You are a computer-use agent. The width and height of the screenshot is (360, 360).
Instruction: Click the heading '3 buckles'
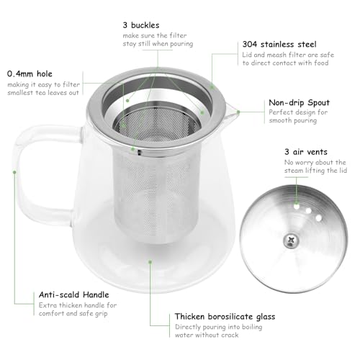(140, 24)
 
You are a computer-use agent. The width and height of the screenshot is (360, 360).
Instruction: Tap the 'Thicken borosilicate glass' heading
(224, 316)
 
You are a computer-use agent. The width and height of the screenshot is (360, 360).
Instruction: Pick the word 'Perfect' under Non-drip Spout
(280, 113)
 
